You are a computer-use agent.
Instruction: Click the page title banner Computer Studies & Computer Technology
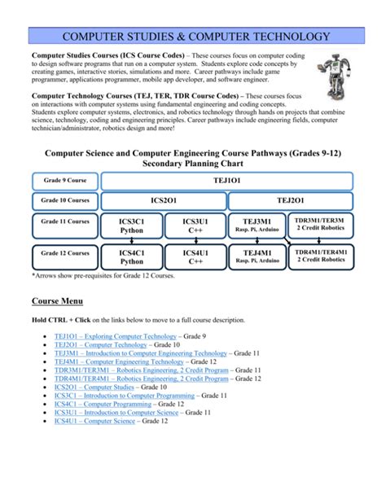192,37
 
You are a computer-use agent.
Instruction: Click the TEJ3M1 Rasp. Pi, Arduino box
257,225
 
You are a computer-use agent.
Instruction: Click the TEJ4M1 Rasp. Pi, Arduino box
257,257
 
